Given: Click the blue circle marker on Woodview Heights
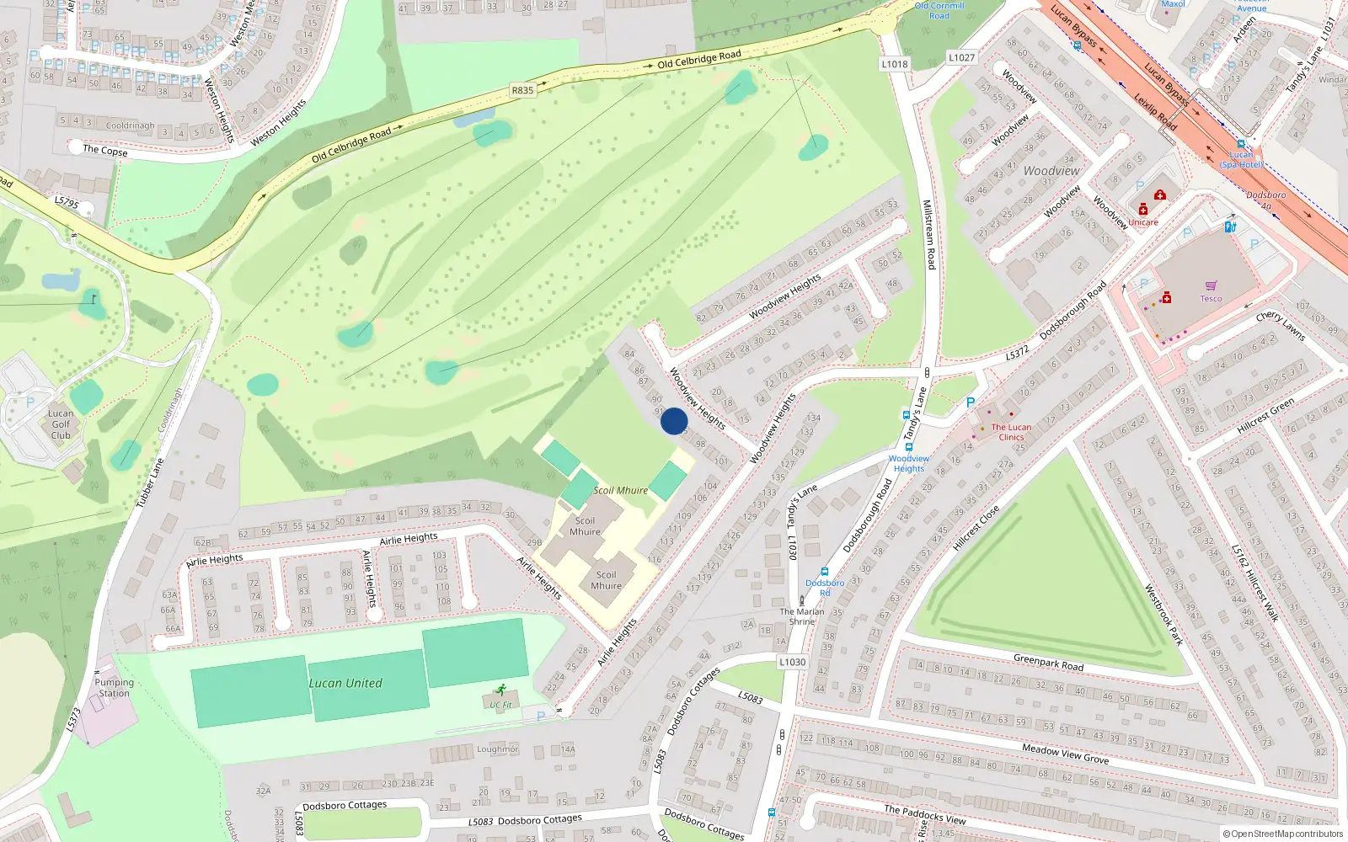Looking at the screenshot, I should (x=673, y=421).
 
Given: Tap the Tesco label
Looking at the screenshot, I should (x=1211, y=299).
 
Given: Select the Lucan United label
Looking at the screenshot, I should (x=345, y=683).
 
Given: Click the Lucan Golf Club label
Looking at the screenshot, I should (x=61, y=424).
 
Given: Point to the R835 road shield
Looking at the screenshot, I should (x=522, y=90).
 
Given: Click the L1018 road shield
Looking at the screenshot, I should (x=895, y=64).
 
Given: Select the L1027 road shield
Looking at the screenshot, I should (x=961, y=57).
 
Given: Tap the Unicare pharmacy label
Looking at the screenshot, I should (x=1143, y=222).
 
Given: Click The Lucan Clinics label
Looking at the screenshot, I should (x=1011, y=432).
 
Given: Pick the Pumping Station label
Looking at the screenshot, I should (x=114, y=688).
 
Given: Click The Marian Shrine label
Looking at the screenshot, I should (x=802, y=616).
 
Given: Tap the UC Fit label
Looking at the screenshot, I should (x=500, y=705).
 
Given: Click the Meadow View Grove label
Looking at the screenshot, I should (x=1065, y=753).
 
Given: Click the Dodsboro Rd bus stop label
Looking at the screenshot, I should (x=825, y=587).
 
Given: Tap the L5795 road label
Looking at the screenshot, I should (x=67, y=203).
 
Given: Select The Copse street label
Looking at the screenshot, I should (x=105, y=151).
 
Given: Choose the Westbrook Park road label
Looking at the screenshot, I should (x=1163, y=615).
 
